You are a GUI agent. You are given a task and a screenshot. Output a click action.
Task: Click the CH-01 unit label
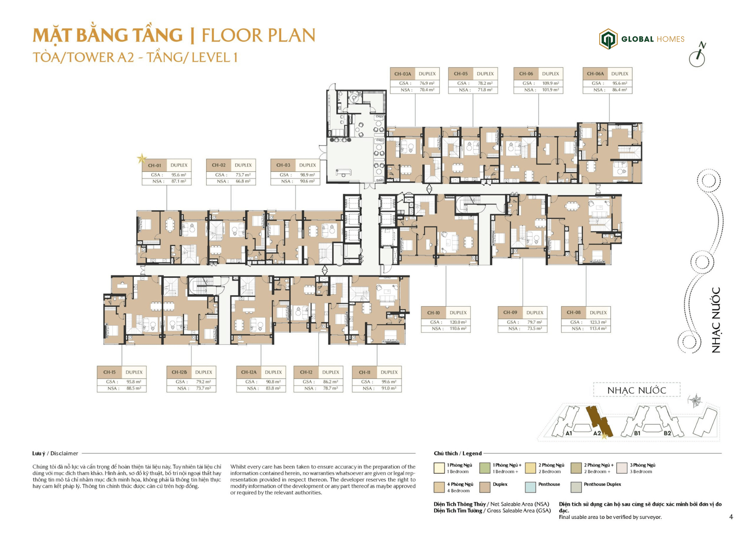click(154, 165)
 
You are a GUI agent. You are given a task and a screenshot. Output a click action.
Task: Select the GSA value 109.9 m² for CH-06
click(551, 83)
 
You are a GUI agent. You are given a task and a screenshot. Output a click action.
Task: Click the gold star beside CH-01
click(141, 159)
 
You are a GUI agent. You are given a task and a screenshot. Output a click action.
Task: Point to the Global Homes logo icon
click(608, 39)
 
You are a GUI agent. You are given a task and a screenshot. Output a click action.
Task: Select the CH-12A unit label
click(249, 372)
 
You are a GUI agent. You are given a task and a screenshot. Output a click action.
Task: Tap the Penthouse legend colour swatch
click(530, 487)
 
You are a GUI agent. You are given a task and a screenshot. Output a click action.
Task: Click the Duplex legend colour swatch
click(485, 487)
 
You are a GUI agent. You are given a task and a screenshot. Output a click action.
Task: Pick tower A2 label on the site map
click(597, 433)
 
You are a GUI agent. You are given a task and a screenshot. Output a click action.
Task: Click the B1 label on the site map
click(637, 433)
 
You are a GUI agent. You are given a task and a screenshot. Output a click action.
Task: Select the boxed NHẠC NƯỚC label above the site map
click(637, 390)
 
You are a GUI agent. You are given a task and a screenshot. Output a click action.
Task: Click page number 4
click(731, 517)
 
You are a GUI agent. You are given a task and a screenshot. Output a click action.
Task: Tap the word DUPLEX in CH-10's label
click(458, 313)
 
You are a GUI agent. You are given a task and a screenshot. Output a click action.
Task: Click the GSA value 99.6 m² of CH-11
click(389, 381)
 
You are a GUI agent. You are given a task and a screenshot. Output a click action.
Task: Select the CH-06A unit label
click(595, 73)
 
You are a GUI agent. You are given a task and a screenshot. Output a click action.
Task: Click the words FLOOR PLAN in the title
click(258, 35)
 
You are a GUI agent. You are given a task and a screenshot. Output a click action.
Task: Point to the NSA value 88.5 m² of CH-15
click(134, 388)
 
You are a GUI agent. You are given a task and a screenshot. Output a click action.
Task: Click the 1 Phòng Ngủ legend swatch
click(439, 468)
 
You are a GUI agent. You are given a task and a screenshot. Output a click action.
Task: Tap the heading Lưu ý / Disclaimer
click(55, 453)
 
